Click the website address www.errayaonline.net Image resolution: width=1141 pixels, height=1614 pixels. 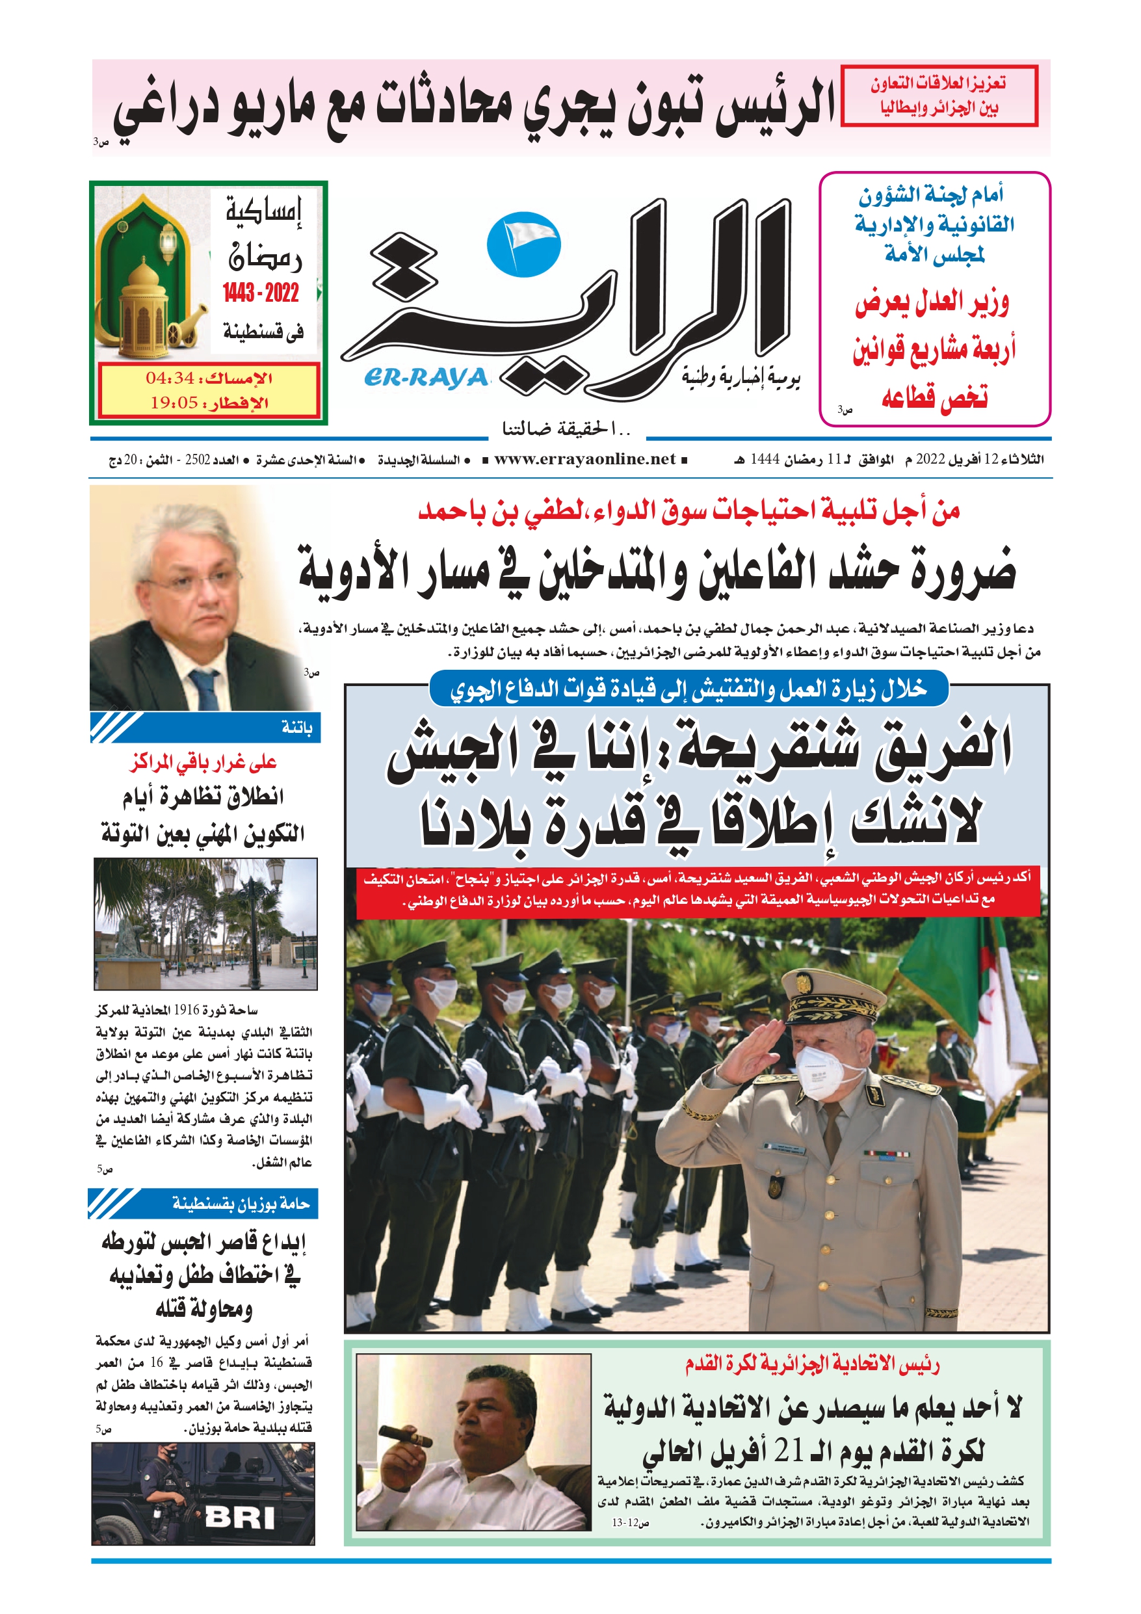[585, 459]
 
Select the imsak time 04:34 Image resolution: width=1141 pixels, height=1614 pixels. [170, 378]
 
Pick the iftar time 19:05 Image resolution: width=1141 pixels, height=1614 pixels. [174, 403]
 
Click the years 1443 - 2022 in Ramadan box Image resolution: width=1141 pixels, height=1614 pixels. [261, 293]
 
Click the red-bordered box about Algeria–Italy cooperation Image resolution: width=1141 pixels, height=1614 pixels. [939, 96]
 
